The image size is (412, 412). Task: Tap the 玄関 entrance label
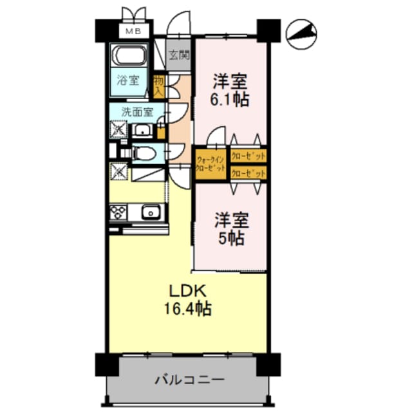pos(180,56)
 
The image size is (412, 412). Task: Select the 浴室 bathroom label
pos(128,81)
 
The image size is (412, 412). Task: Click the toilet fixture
pos(144,153)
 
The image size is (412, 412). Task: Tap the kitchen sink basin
pos(151,212)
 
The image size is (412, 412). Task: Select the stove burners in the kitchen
pos(118,212)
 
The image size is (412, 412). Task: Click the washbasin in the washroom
pos(142,131)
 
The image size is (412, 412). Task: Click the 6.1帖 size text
pos(230,100)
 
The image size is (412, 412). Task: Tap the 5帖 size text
pos(230,238)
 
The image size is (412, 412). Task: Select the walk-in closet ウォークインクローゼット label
pos(211,164)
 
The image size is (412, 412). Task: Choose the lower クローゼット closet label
pos(248,173)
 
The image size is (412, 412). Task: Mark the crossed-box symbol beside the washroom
pos(118,129)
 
